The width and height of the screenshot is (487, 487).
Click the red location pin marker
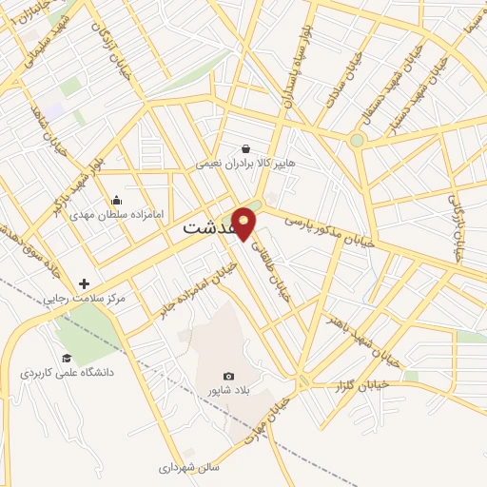point(244,222)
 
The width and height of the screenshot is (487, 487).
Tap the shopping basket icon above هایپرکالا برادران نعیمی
point(246,148)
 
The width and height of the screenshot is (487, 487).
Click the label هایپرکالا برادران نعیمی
point(245,164)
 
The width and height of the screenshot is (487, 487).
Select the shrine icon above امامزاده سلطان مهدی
point(116,200)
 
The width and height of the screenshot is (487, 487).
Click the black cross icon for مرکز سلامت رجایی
point(85,283)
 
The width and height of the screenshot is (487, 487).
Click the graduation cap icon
point(67,358)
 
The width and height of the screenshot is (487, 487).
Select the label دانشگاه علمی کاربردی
point(67,372)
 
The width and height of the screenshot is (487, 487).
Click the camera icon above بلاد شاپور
point(228,377)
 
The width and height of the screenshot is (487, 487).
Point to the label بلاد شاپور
point(226,391)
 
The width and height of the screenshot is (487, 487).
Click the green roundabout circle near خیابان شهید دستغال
point(357,141)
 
